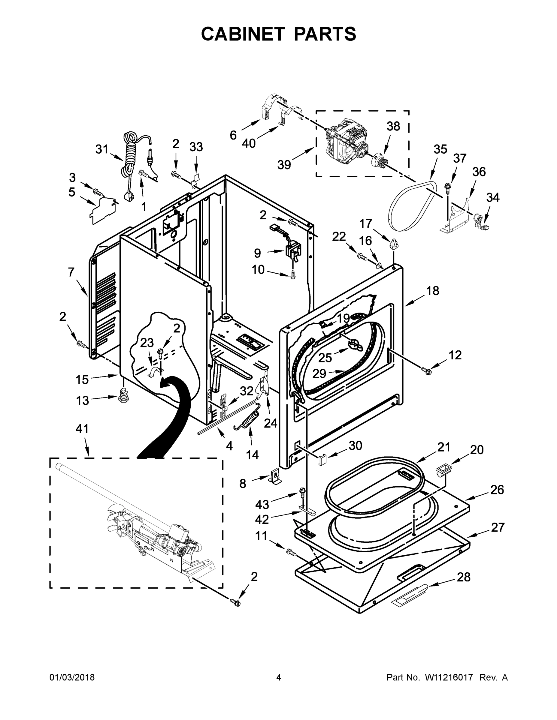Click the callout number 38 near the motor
click(x=393, y=126)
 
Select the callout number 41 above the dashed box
click(x=82, y=429)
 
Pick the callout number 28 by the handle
click(x=463, y=577)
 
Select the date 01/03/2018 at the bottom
click(x=72, y=678)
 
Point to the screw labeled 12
click(x=427, y=371)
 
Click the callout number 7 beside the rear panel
click(x=71, y=272)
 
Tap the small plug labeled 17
click(x=394, y=244)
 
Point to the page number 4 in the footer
click(x=279, y=678)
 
